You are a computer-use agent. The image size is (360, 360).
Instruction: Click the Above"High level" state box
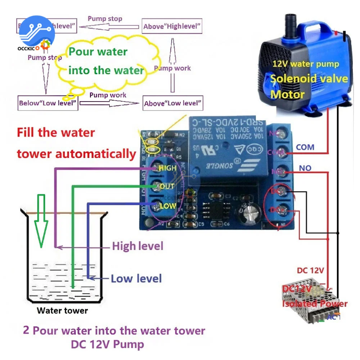coord(172,26)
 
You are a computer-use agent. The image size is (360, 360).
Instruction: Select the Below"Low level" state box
coord(48,103)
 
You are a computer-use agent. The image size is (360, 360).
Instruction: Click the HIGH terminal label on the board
coord(167,168)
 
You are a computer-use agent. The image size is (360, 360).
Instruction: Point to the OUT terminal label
coord(167,186)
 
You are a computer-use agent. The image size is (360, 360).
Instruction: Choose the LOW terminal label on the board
coord(168,206)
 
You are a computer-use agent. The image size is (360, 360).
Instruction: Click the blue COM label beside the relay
coord(305,147)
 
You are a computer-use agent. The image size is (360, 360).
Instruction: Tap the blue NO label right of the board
coord(305,168)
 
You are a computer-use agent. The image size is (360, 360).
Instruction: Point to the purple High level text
coord(138,246)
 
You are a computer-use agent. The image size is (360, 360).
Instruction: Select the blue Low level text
coord(136,278)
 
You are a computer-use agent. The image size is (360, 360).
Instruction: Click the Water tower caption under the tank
coord(62,310)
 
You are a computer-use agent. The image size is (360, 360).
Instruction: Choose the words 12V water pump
coord(306,64)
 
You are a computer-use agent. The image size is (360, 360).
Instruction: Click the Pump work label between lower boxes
coord(108,95)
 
